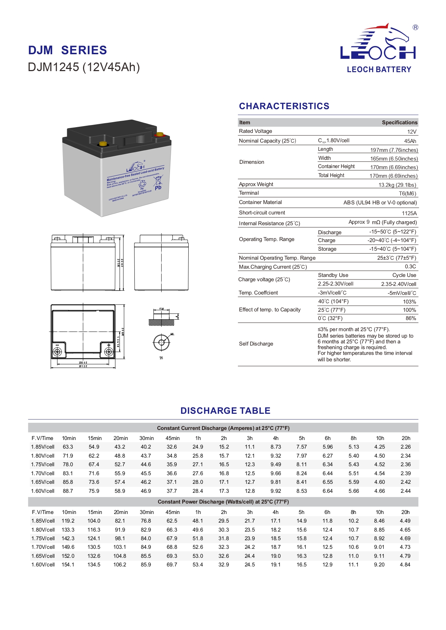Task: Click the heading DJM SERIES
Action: pos(68,50)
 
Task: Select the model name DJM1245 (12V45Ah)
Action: pos(84,67)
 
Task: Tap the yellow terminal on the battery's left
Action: pos(103,144)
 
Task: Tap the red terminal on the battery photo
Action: pos(160,135)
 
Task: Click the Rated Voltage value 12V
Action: pos(412,132)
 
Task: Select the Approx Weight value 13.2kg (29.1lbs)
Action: pos(397,185)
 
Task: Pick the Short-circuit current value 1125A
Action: pos(409,213)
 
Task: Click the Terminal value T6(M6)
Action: pos(408,194)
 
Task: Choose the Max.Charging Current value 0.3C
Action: pos(410,267)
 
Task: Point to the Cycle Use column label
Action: pos(404,275)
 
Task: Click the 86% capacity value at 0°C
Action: pos(411,318)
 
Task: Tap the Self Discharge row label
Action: pos(256,344)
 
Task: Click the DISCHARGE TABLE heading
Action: pos(225,411)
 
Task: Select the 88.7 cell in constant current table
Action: pos(68,491)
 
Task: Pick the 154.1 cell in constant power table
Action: pos(68,565)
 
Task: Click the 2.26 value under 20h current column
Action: pos(406,447)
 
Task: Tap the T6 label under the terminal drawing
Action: pos(161,358)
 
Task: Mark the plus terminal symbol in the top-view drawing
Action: pos(109,345)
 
